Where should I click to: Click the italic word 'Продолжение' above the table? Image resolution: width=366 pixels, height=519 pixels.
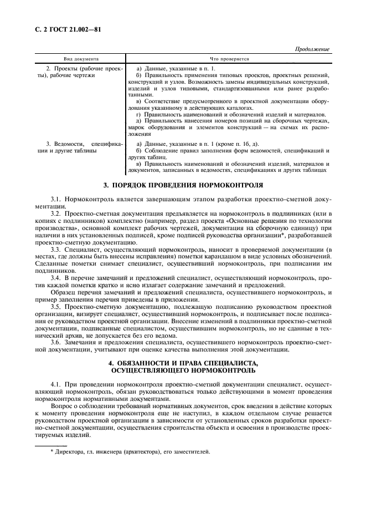coord(312,49)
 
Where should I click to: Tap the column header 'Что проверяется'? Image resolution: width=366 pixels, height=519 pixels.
coord(229,58)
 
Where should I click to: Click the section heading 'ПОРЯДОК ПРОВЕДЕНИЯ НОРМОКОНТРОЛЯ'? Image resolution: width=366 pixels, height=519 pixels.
coord(188,184)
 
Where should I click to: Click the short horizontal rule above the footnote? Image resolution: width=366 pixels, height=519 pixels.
coord(51,445)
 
